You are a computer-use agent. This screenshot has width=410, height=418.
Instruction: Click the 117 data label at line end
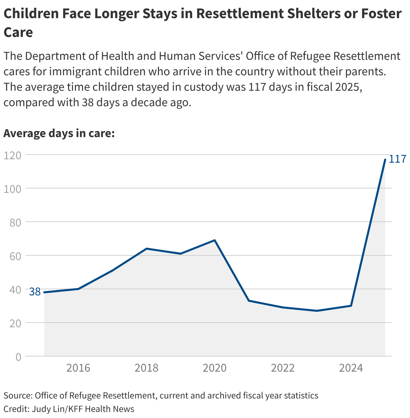(397, 159)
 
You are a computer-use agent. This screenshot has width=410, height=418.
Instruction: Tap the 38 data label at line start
(35, 292)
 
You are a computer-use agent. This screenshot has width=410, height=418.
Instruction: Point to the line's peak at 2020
(215, 240)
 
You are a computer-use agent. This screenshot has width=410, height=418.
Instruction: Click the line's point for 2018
(147, 249)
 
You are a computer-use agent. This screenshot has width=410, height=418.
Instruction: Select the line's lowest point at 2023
(317, 311)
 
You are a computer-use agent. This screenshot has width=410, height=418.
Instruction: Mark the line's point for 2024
(351, 306)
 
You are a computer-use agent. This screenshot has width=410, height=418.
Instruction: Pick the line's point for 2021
(249, 300)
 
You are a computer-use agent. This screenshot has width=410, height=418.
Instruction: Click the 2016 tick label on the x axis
(78, 368)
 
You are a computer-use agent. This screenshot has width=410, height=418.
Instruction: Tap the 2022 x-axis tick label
(283, 368)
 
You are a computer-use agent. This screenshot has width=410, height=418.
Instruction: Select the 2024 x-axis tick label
(351, 368)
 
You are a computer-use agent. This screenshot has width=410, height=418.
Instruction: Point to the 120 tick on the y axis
(12, 155)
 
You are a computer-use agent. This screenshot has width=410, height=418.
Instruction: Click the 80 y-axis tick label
(15, 222)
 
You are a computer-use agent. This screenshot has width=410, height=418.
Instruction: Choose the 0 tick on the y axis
(18, 357)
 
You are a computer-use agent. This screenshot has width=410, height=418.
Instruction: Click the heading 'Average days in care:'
(59, 133)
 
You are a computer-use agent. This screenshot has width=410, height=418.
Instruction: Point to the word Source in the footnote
(17, 395)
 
